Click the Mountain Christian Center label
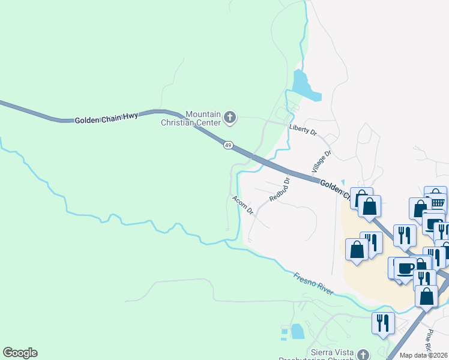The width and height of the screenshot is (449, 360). [x=204, y=118]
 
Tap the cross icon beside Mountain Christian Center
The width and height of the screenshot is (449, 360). [x=231, y=118]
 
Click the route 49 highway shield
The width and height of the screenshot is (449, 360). [x=228, y=145]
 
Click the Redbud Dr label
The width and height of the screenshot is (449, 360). [x=280, y=188]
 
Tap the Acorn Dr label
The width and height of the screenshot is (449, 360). [x=243, y=205]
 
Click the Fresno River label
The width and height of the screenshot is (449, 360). [x=314, y=284]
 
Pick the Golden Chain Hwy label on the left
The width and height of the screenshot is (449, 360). [x=106, y=118]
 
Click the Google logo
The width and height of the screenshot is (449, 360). [x=20, y=353]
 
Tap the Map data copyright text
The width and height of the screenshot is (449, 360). [x=424, y=355]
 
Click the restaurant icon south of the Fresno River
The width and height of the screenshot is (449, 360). [x=382, y=323]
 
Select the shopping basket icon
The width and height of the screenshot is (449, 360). [x=435, y=196]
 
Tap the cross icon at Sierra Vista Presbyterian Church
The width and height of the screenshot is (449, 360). [x=363, y=355]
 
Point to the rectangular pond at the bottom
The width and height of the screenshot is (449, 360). [x=297, y=331]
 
